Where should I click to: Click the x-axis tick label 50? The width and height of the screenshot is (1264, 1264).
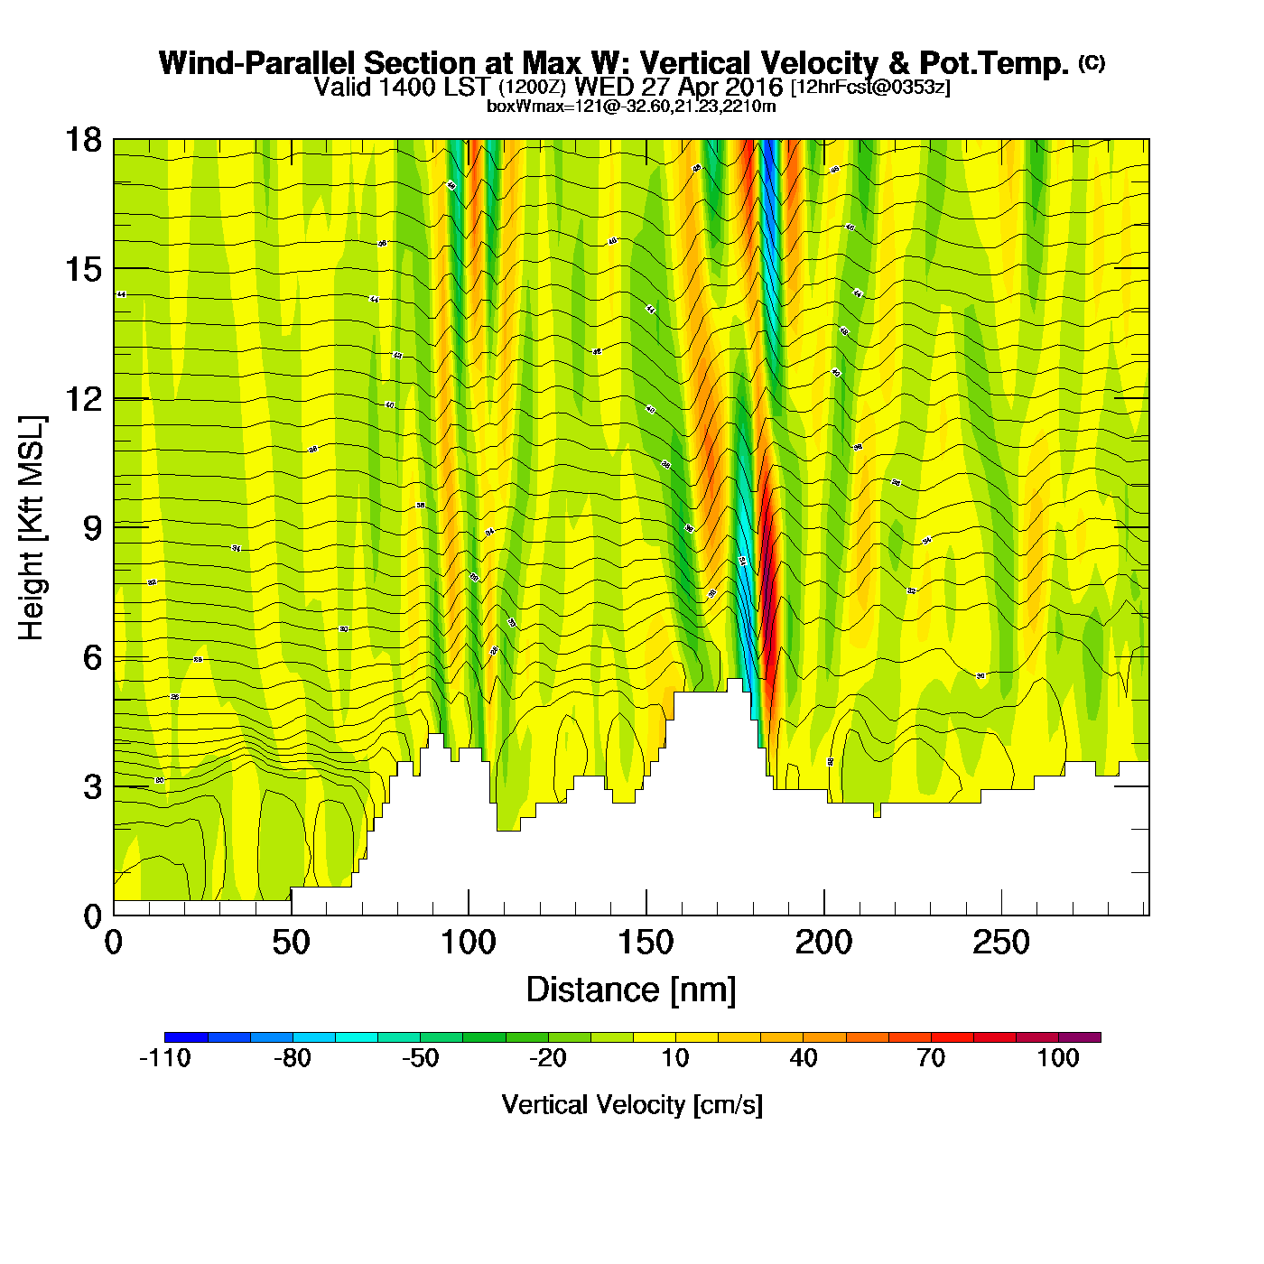point(291,943)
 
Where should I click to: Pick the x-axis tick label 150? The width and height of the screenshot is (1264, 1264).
point(646,943)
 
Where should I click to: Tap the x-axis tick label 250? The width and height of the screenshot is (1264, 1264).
point(1000,943)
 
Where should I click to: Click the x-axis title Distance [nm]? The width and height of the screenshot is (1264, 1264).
point(631,990)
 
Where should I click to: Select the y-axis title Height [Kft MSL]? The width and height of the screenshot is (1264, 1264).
point(32,528)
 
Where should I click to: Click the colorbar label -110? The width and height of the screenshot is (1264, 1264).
point(165,1058)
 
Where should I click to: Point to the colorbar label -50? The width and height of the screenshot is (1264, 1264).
point(421,1058)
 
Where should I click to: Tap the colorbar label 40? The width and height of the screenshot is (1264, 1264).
point(804,1058)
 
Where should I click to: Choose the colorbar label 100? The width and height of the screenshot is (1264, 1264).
point(1058,1058)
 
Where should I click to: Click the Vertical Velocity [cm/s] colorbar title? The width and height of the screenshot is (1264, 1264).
point(632,1104)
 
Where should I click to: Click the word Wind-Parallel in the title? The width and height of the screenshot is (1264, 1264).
point(258,63)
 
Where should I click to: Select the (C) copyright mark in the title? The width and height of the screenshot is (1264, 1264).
point(1092,62)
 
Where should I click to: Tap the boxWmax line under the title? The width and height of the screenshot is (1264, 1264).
point(631,106)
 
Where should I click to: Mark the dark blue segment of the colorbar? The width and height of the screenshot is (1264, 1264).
point(186,1037)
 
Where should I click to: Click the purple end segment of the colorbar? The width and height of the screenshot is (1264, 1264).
point(1080,1037)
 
